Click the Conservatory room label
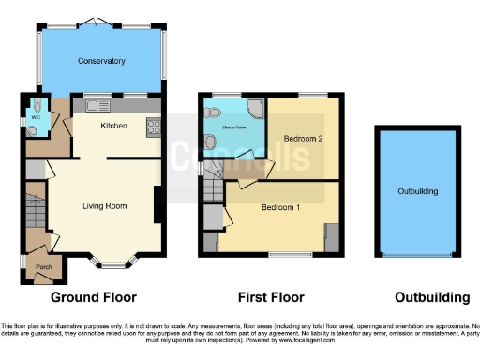pos(101,61)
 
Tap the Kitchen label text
pos(114,125)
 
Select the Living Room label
pos(104,206)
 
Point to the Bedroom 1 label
pos(280,207)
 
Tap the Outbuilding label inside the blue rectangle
pos(418,191)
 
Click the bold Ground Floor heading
pos(94,298)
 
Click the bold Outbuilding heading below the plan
pos(431,298)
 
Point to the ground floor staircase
pos(34,212)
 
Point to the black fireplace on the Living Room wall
pos(158,205)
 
